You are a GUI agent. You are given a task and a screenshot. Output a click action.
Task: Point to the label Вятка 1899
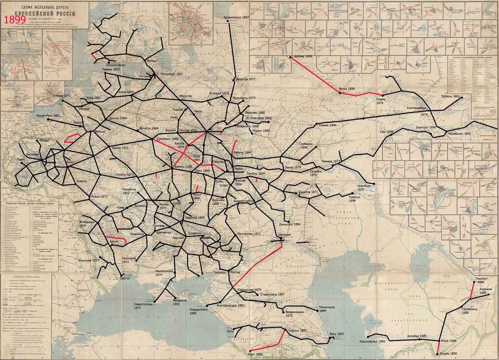click(346, 89)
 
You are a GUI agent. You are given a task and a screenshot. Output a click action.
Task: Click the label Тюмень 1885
click(447, 96)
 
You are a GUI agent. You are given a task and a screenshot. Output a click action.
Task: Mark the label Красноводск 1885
click(372, 341)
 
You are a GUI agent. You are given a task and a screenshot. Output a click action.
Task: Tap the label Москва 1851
click(188, 130)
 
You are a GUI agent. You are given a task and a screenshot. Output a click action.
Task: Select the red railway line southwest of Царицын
click(258, 264)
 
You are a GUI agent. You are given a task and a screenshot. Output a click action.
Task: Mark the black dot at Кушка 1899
click(437, 355)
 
